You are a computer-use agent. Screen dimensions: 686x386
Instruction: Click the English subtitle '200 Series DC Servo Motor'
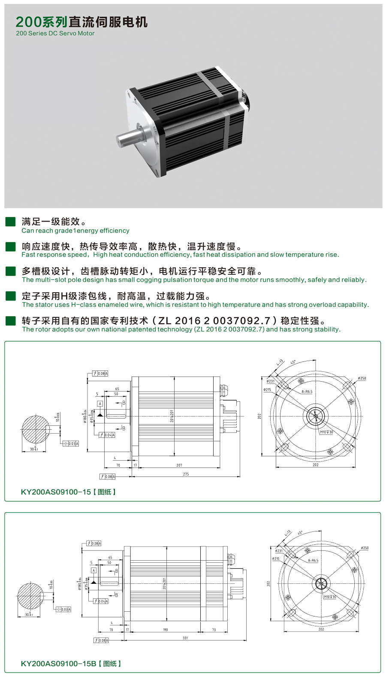(x=55, y=33)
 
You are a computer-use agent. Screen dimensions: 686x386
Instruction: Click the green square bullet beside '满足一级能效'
(x=10, y=222)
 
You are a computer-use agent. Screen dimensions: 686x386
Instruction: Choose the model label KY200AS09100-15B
(x=58, y=664)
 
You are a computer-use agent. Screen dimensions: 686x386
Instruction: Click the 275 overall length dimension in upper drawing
(x=186, y=474)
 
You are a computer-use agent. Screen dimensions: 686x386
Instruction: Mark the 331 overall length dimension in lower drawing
(x=185, y=638)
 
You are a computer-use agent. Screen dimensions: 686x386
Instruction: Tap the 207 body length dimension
(x=179, y=465)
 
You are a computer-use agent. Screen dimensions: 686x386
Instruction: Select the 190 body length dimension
(x=166, y=630)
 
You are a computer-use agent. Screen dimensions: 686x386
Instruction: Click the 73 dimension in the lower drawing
(x=214, y=630)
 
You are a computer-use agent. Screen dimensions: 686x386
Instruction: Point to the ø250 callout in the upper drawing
(x=362, y=379)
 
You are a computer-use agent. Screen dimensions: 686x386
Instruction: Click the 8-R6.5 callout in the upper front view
(x=307, y=392)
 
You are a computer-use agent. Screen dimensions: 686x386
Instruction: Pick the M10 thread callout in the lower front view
(x=330, y=597)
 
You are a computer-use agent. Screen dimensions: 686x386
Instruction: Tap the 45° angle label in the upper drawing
(x=293, y=362)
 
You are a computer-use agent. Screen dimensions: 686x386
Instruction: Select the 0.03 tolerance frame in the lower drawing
(x=66, y=610)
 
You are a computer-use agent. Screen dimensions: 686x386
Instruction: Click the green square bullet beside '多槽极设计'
(x=10, y=271)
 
